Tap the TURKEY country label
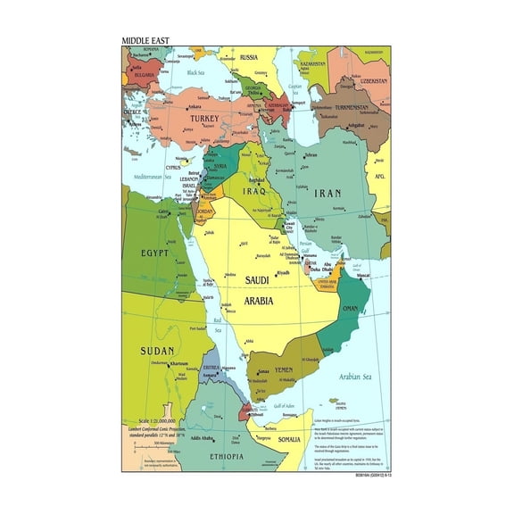click(199, 120)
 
